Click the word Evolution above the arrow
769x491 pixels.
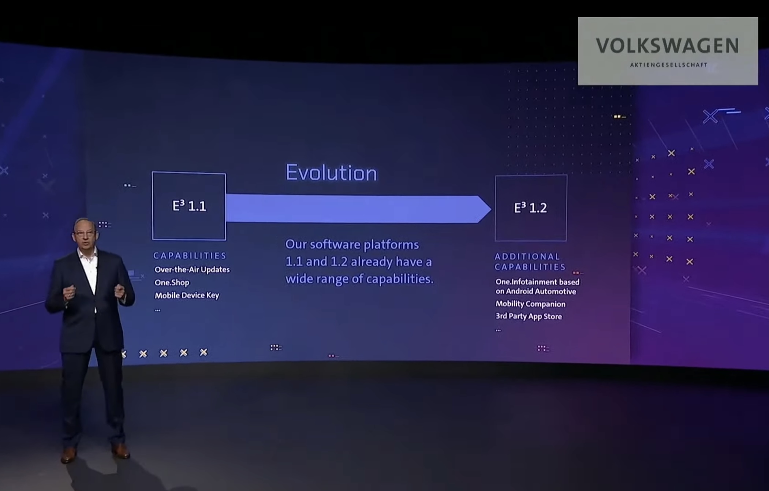[331, 173]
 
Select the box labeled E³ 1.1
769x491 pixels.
[189, 206]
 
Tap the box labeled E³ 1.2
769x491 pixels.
[531, 208]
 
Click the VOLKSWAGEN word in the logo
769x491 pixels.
[667, 46]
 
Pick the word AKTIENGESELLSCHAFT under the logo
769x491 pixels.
[668, 65]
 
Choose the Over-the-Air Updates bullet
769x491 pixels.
[192, 270]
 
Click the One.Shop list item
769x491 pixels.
[172, 282]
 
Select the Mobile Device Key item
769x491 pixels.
[187, 295]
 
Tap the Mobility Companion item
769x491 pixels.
[530, 304]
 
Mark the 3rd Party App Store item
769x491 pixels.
[528, 316]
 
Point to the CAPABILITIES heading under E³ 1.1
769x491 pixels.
[190, 255]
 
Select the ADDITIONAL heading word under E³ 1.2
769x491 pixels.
[527, 256]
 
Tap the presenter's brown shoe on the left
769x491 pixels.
[69, 454]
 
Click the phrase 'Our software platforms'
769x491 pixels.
[352, 244]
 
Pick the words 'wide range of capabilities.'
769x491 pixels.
[359, 279]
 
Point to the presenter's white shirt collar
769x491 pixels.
[88, 253]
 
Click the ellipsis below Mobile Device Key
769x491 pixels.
[157, 310]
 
